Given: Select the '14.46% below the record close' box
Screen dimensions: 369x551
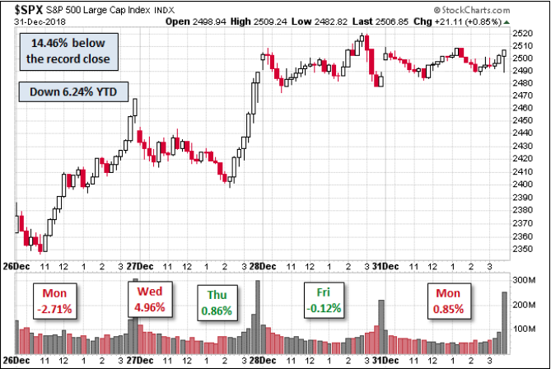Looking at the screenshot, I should point(65,52).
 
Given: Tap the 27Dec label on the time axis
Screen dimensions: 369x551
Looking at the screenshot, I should point(141,267).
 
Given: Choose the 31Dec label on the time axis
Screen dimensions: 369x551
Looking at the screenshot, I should point(385,267).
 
